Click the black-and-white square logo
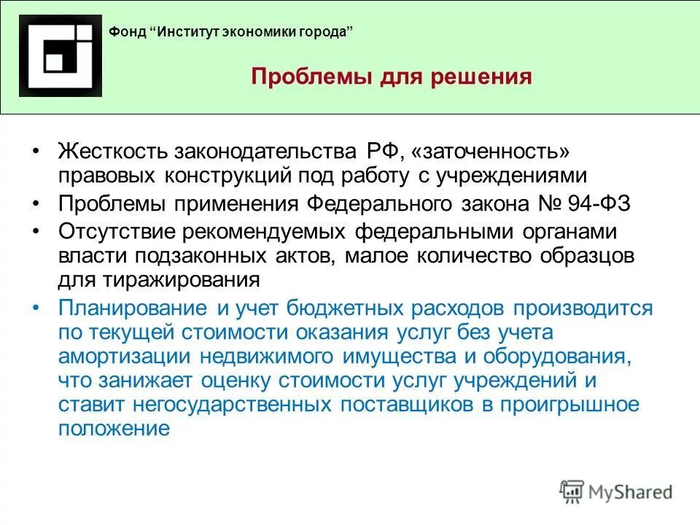coord(61,56)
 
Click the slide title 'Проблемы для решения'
coord(392,77)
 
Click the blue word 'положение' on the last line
coord(114,428)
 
